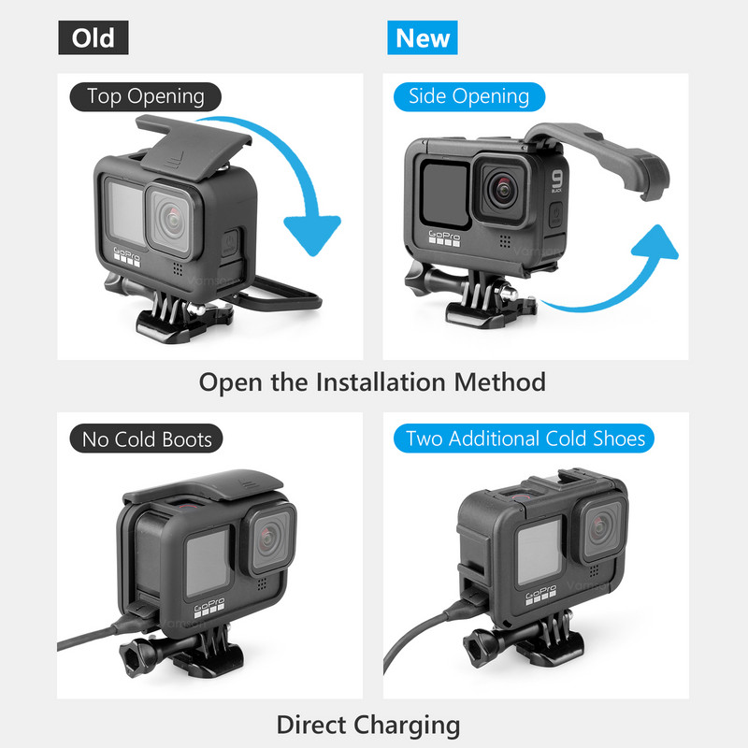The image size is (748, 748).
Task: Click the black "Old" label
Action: point(93,37)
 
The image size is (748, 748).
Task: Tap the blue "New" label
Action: point(423,37)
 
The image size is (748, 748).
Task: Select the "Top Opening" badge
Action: point(145,96)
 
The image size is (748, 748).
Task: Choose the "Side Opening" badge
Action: point(468,96)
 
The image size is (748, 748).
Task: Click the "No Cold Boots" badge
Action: point(147,439)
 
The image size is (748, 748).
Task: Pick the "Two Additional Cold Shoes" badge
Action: point(525,439)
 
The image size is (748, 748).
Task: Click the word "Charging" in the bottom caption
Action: point(406,725)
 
